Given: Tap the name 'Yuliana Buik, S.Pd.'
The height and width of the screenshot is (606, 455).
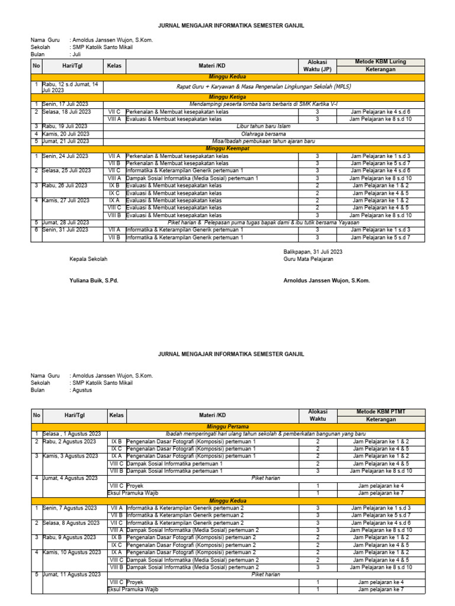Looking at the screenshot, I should pos(94,281).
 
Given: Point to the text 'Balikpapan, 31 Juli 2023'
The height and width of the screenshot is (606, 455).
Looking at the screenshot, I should pos(313,252).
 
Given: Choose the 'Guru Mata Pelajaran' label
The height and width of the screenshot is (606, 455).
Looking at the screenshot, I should pos(309,259).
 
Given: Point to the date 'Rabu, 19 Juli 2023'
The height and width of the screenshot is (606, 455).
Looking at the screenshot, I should pos(66,126).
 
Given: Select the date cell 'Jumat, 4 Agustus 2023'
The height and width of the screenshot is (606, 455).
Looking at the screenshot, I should pos(69,478).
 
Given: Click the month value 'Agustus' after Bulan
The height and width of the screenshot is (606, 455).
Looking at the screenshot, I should pos(82,390).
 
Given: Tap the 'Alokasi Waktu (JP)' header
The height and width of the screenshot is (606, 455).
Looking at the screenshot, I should pos(317,66).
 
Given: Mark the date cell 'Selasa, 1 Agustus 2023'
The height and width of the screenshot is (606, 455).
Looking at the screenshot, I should pos(69,434).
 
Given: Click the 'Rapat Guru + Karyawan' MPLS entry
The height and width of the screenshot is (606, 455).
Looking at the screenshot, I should pos(263,86).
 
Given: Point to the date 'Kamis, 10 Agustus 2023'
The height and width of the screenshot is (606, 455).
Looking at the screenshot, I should pos(71,552).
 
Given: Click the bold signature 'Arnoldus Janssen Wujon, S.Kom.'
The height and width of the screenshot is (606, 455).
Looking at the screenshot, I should pos(326,281).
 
